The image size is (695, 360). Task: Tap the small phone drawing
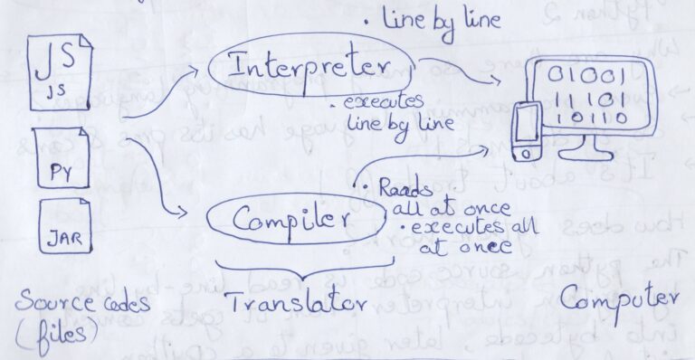[x=526, y=135]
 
